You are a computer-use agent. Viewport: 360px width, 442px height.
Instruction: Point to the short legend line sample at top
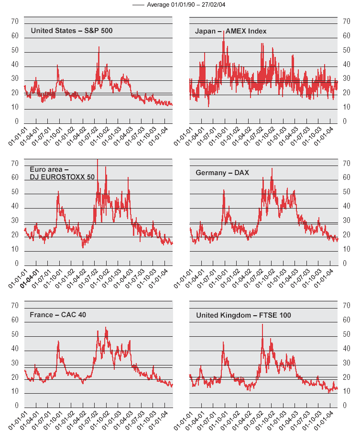(x=138, y=4)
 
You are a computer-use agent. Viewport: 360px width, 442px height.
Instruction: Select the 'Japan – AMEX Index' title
(x=231, y=31)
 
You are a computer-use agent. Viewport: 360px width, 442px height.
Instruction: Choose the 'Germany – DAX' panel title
(x=222, y=172)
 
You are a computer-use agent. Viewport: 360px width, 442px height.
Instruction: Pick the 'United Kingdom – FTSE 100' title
(x=243, y=315)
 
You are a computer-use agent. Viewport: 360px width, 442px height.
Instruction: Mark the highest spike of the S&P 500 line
(x=99, y=47)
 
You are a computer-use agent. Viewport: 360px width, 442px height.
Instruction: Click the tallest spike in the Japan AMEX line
(x=224, y=31)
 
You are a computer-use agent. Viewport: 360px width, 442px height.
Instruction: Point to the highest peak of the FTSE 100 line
(x=262, y=324)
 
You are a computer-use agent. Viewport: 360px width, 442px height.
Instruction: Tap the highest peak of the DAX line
(x=272, y=168)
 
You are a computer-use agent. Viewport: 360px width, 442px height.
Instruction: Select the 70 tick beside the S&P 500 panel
(x=14, y=22)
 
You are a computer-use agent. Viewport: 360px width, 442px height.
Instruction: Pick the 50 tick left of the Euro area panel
(x=14, y=192)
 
